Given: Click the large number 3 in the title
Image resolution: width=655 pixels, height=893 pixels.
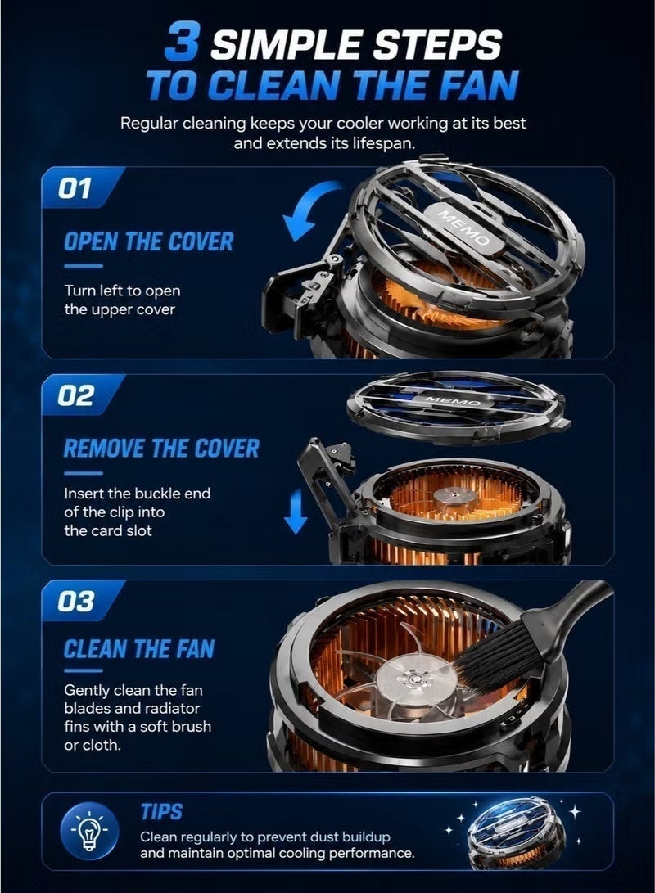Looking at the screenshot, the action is coord(181,41).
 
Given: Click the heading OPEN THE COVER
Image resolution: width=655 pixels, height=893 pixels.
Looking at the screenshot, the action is coord(148,241).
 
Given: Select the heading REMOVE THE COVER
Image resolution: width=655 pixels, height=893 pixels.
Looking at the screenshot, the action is coord(161,449).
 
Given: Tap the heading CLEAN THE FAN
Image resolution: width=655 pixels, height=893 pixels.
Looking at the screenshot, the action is coord(139,649).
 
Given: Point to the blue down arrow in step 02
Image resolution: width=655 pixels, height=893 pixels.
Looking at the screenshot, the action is coord(296,512).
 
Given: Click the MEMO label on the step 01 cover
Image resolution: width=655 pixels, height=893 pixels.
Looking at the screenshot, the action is coord(463,228).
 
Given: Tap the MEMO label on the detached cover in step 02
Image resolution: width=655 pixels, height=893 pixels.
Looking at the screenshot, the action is coord(453,399).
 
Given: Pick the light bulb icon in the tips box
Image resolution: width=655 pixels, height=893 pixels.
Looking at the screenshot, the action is coord(89,831).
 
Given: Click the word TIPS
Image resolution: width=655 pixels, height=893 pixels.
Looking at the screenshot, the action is coord(162,811).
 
